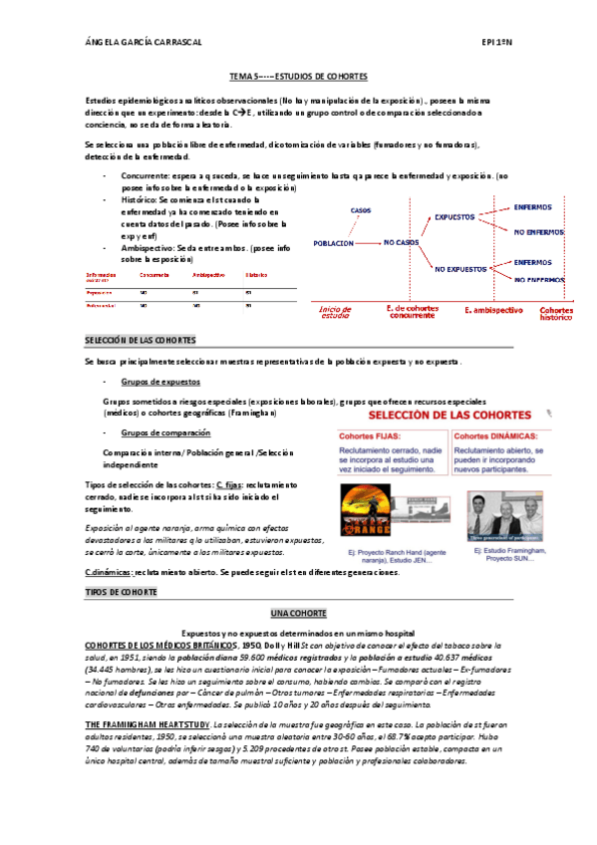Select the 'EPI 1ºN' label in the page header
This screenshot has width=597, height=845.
(495, 44)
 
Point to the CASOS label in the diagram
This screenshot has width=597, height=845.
(361, 210)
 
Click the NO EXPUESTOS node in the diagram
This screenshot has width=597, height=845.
(459, 269)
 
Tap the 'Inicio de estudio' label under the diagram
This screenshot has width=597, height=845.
(335, 313)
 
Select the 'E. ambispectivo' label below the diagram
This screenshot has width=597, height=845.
(493, 310)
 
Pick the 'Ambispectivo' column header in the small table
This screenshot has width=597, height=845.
(208, 274)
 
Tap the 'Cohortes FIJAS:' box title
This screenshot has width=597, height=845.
(373, 435)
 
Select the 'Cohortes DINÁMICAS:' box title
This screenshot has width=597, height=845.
(494, 435)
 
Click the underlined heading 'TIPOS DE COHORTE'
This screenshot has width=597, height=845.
(122, 592)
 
